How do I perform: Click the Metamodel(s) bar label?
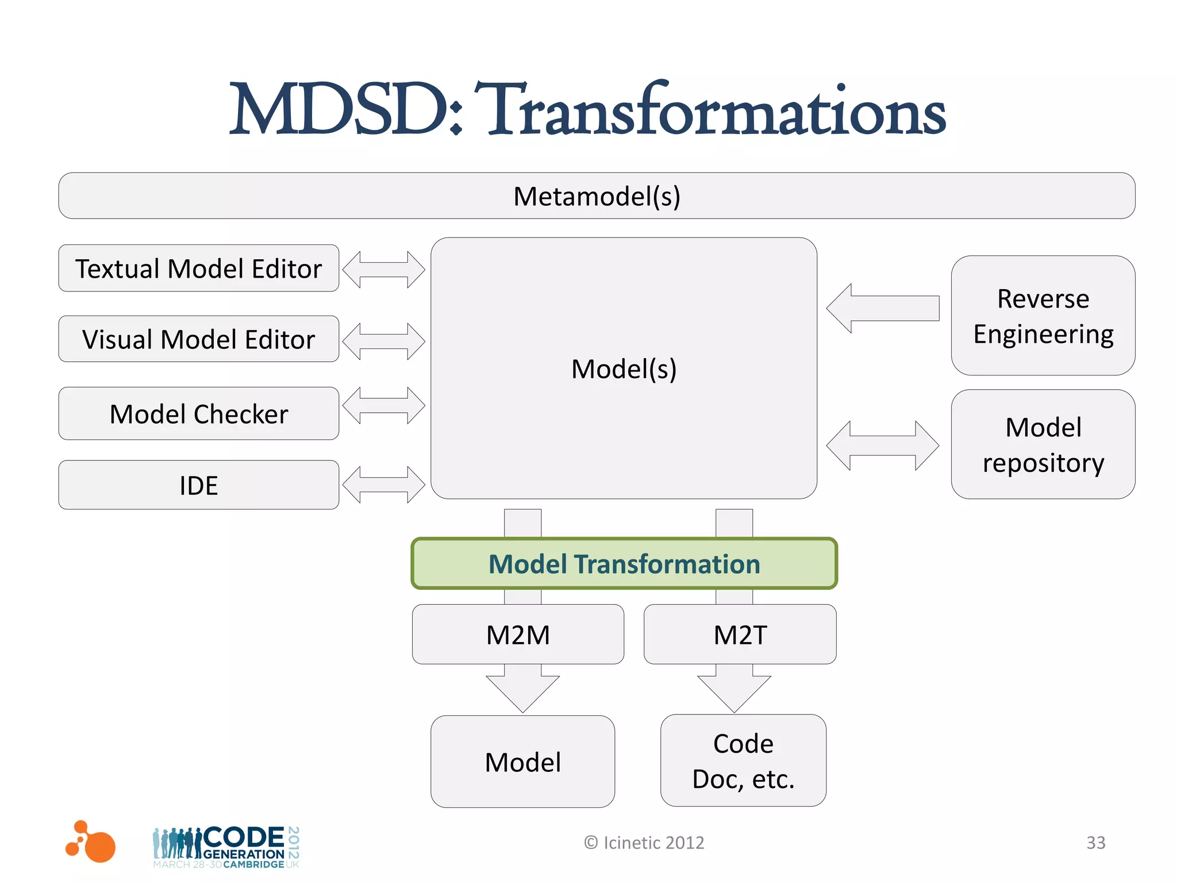click(597, 197)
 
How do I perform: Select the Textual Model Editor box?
click(198, 268)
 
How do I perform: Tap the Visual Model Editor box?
click(198, 339)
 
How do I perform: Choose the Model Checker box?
click(198, 414)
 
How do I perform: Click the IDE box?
click(198, 485)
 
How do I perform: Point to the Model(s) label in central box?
click(624, 368)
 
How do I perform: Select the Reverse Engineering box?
click(1043, 316)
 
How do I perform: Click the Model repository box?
click(1043, 444)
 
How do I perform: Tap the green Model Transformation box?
click(624, 564)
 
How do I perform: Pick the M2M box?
click(518, 635)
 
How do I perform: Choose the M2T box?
click(740, 635)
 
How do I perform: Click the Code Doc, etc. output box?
click(743, 761)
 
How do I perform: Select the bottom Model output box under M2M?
click(522, 762)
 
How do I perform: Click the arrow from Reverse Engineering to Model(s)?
click(882, 308)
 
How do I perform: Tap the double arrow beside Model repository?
click(882, 446)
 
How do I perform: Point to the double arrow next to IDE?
click(383, 485)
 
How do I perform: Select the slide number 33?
click(1095, 843)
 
